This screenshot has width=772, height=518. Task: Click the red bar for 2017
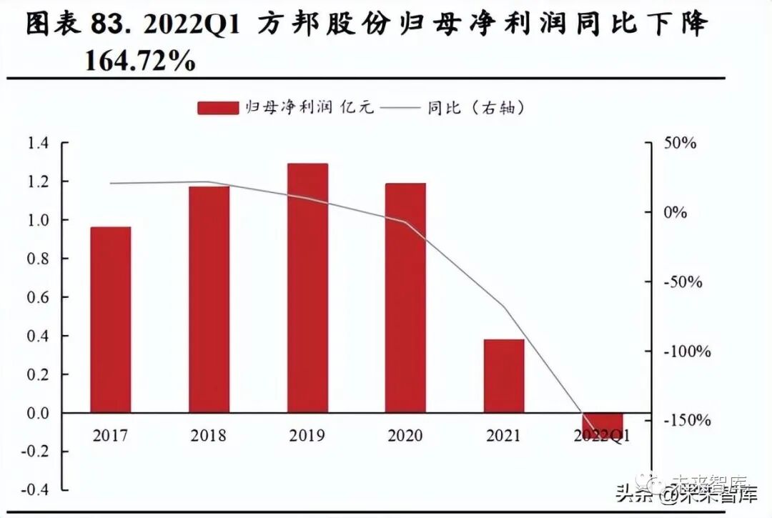coord(111,319)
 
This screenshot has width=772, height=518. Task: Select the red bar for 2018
coord(209,299)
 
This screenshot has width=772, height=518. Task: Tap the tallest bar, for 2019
coord(307,288)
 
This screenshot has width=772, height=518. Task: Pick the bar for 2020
coord(405,298)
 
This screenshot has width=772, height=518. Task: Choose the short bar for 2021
coord(504,376)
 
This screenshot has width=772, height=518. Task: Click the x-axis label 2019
coord(307,436)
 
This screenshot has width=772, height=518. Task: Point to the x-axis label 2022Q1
coord(602,436)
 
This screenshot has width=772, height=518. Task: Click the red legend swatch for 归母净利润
coord(218,108)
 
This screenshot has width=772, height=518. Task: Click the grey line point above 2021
coord(504,308)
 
